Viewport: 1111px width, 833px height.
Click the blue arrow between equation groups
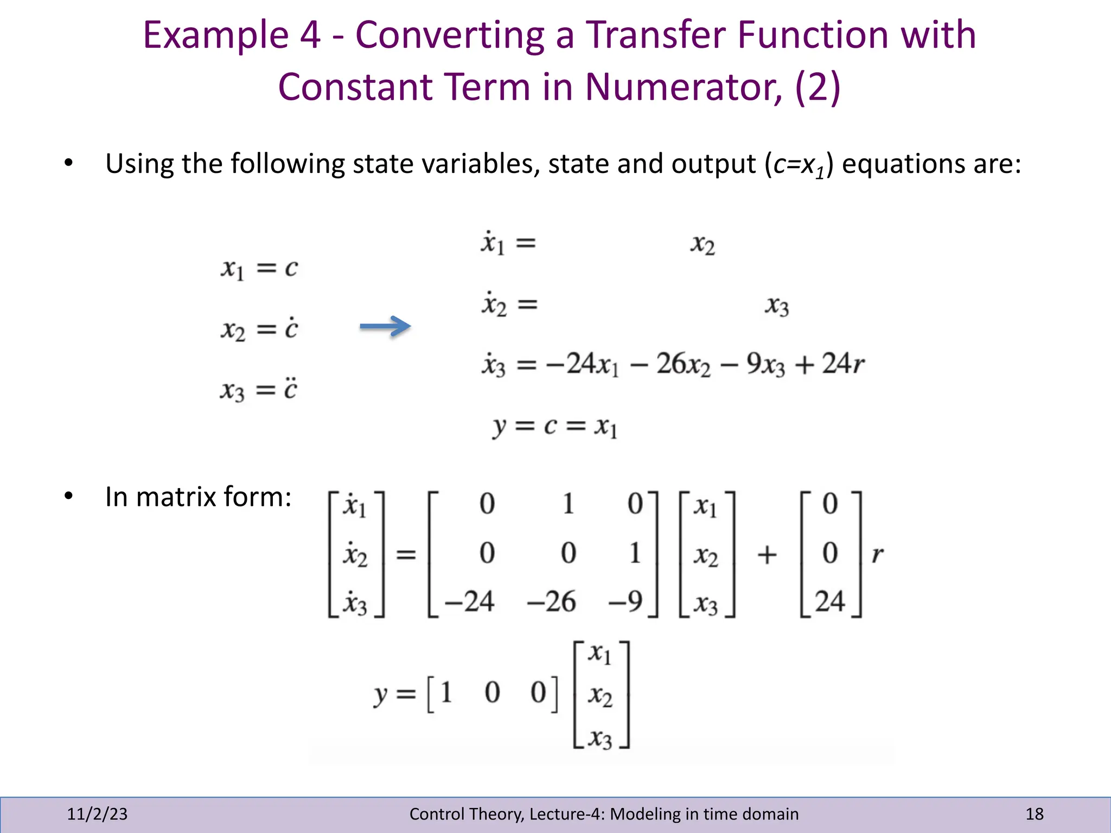(385, 326)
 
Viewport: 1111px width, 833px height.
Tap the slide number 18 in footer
(1034, 814)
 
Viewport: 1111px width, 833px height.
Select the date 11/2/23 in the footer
(97, 814)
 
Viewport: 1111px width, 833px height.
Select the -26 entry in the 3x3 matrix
(551, 601)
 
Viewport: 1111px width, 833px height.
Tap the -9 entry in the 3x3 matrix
(626, 601)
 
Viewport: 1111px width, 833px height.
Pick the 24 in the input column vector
(830, 601)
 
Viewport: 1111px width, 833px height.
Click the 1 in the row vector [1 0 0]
(446, 693)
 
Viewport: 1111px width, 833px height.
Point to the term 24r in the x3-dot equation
(843, 364)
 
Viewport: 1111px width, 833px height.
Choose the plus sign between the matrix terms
(767, 555)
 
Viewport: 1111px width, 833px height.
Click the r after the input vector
(877, 555)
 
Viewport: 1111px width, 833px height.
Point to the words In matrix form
(199, 497)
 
